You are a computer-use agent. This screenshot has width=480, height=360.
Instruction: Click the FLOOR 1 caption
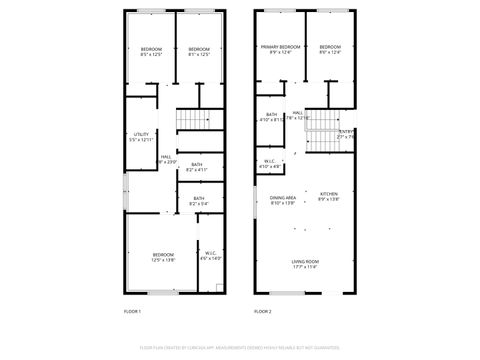[132, 312]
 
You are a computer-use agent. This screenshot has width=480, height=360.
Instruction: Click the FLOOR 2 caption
[262, 312]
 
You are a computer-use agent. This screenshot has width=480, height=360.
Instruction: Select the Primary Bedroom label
[281, 50]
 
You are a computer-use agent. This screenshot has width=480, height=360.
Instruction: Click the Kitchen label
[328, 197]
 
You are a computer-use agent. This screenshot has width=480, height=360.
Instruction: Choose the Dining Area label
[283, 200]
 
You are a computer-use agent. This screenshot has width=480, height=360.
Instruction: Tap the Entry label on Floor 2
[346, 134]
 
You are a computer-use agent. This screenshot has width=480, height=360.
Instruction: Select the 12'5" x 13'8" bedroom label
[163, 257]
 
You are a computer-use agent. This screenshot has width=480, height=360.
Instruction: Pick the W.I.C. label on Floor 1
[210, 256]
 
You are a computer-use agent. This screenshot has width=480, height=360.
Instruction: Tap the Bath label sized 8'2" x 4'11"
[196, 167]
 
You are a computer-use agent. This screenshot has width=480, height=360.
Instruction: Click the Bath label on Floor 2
[270, 118]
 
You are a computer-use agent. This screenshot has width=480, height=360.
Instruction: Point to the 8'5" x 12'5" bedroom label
[151, 52]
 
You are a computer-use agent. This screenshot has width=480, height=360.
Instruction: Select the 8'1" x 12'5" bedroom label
[199, 52]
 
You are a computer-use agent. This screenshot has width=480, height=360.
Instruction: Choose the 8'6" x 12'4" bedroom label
[330, 50]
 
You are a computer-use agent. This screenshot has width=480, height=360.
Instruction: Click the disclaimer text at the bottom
[240, 347]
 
